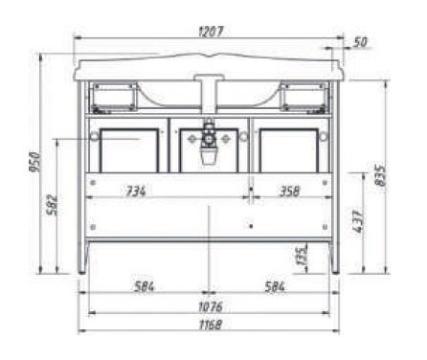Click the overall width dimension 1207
pyautogui.click(x=211, y=32)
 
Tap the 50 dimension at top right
pyautogui.click(x=361, y=42)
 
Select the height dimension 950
pyautogui.click(x=35, y=162)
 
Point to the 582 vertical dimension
pyautogui.click(x=53, y=205)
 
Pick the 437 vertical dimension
pyautogui.click(x=358, y=221)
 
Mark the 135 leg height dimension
pyautogui.click(x=303, y=255)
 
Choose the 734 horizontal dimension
pyautogui.click(x=136, y=191)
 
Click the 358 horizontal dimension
pyautogui.click(x=290, y=191)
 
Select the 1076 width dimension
pyautogui.click(x=211, y=307)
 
